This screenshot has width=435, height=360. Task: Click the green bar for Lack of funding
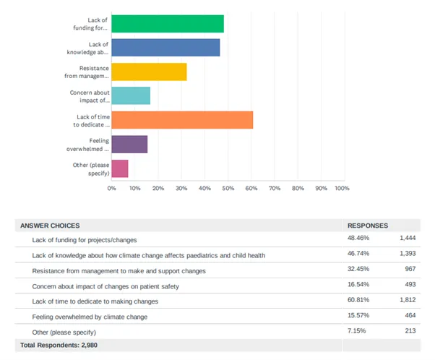(167, 24)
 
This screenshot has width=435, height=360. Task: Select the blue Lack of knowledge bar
(165, 48)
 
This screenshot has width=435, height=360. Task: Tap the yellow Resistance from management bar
(149, 72)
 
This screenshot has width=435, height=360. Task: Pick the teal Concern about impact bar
(131, 95)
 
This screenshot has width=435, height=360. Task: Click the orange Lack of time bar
(182, 119)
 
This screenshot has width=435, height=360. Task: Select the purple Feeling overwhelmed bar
(129, 144)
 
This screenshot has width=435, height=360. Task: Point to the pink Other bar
(120, 168)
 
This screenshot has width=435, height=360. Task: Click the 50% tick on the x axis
(228, 188)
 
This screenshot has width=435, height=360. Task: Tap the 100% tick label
(342, 188)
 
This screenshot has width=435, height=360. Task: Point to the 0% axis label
(112, 188)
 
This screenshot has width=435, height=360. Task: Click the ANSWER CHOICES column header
(50, 226)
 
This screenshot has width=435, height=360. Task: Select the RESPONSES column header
(368, 226)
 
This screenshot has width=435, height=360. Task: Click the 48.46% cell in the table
(359, 239)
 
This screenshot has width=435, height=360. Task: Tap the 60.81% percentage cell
(359, 300)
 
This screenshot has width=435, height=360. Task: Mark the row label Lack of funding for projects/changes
(85, 239)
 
